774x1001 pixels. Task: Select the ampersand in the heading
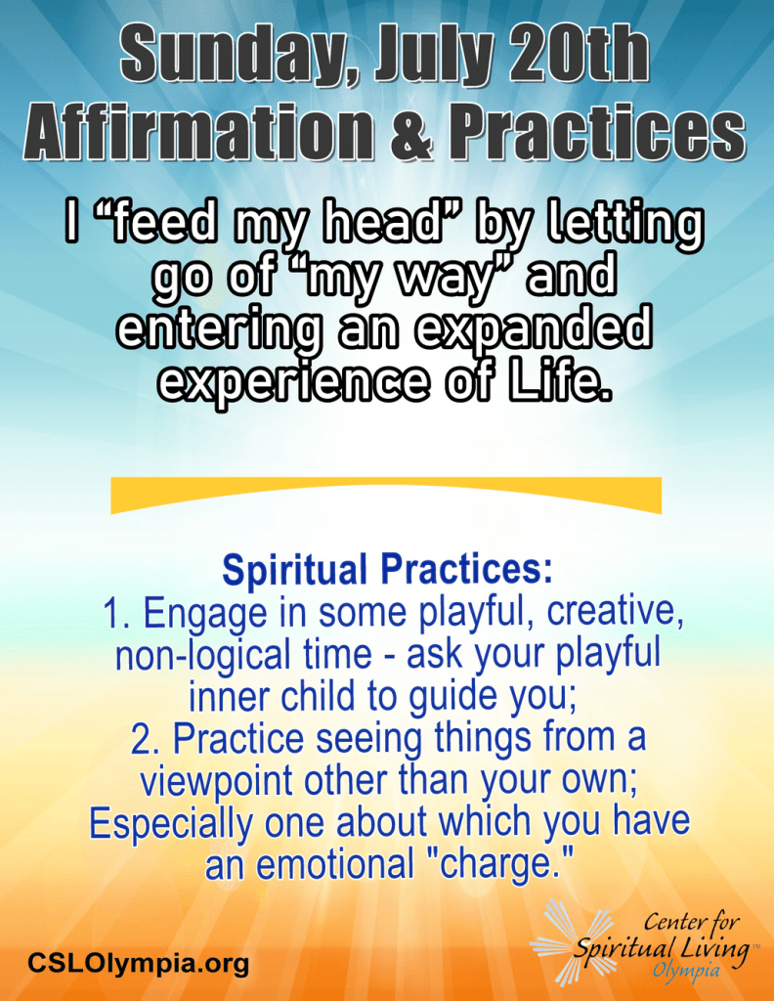[410, 133]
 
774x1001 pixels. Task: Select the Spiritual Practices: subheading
[387, 570]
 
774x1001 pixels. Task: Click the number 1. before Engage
[116, 613]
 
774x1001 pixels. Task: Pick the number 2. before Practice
[147, 739]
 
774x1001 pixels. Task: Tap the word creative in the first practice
[615, 612]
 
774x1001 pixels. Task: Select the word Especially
[170, 823]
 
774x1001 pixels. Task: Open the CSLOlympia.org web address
[138, 962]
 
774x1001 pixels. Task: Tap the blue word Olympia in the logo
[685, 971]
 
